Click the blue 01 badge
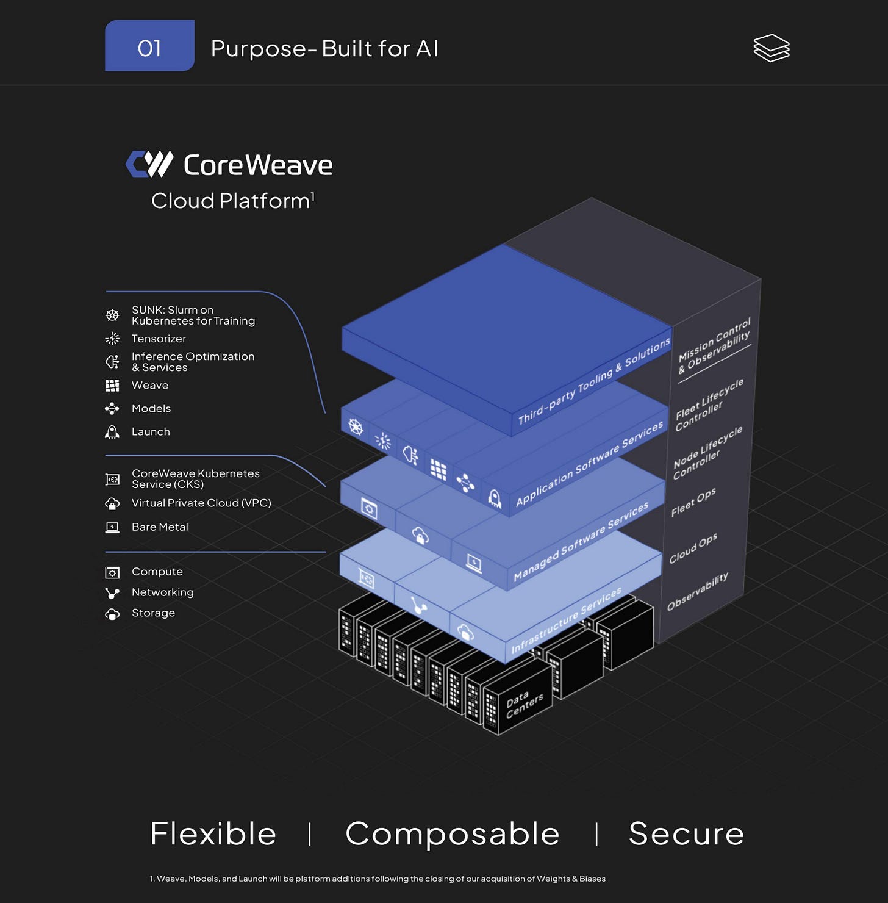(x=149, y=46)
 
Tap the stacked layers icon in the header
(x=771, y=48)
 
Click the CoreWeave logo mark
(x=149, y=164)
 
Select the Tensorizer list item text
(x=159, y=339)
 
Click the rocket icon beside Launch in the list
(x=112, y=432)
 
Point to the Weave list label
(x=150, y=386)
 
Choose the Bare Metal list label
(x=160, y=527)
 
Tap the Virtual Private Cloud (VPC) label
(x=201, y=503)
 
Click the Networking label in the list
(x=163, y=592)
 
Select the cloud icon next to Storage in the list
(x=112, y=614)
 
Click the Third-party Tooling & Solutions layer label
(x=594, y=382)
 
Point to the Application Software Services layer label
(x=589, y=464)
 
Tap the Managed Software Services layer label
(x=581, y=542)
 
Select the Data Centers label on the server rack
(x=524, y=703)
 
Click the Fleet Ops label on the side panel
(x=693, y=503)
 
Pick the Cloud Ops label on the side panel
(x=693, y=549)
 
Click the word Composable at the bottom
(x=452, y=833)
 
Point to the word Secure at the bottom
(x=686, y=833)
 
